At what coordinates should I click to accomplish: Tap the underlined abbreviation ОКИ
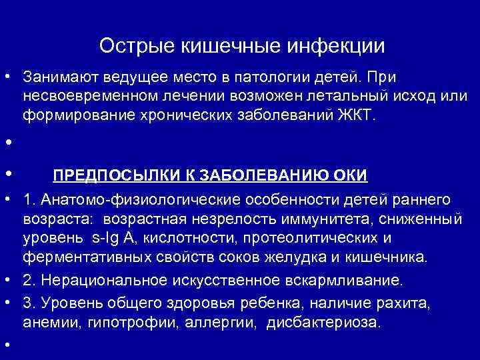351,175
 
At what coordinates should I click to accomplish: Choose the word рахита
406,303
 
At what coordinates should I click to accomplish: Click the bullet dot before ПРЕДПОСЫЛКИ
6,173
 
